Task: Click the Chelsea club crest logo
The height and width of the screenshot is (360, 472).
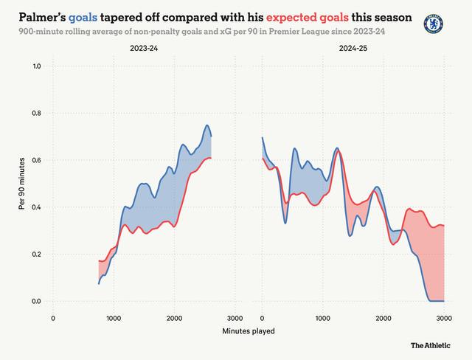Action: click(434, 24)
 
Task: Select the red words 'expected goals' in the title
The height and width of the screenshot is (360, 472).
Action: click(288, 16)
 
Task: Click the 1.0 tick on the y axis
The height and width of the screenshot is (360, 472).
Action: click(35, 66)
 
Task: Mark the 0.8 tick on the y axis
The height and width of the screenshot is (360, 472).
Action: click(35, 114)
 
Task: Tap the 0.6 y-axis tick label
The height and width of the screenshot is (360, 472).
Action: click(35, 160)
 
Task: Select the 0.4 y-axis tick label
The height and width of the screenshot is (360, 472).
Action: click(35, 207)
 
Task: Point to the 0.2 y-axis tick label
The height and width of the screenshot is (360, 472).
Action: click(35, 255)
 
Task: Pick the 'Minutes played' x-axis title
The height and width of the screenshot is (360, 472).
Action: click(249, 331)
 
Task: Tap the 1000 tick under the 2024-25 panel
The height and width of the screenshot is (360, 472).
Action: click(322, 318)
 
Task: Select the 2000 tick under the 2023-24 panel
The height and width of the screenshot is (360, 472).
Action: click(174, 318)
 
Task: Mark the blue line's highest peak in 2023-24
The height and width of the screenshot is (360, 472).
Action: click(207, 125)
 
